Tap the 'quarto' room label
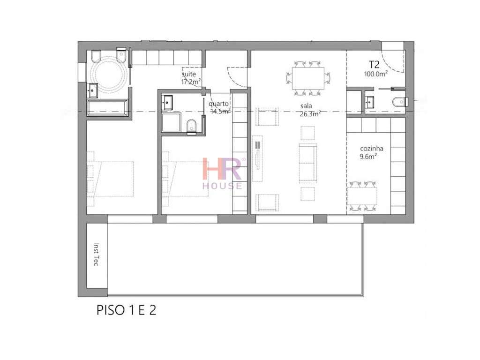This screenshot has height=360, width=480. pyautogui.click(x=218, y=104)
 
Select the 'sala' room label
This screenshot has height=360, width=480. pyautogui.click(x=306, y=106)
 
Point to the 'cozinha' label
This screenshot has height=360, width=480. pyautogui.click(x=368, y=151)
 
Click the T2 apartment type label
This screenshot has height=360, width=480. pyautogui.click(x=375, y=65)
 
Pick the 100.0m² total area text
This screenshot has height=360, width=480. pyautogui.click(x=375, y=74)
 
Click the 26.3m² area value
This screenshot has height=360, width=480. pyautogui.click(x=310, y=113)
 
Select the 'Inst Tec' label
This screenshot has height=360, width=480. pyautogui.click(x=96, y=255)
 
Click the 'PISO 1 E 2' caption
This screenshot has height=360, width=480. pyautogui.click(x=126, y=310)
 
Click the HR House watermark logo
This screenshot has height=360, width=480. pyautogui.click(x=222, y=173)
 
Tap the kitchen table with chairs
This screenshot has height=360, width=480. pyautogui.click(x=362, y=195)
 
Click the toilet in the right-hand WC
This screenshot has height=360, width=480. pyautogui.click(x=399, y=101)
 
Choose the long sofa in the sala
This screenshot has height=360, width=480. pyautogui.click(x=308, y=163)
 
